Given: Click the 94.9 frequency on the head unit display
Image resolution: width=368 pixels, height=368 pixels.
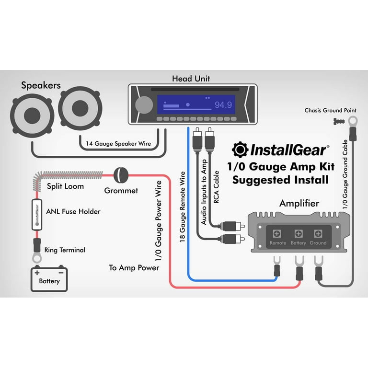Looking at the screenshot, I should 223,105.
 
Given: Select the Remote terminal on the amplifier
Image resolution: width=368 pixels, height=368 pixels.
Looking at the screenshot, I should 277,234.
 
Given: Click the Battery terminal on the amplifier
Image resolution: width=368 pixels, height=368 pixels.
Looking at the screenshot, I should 298,234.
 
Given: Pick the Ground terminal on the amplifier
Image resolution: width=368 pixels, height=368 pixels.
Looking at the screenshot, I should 318,234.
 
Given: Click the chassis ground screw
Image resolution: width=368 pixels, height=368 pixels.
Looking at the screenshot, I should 337,122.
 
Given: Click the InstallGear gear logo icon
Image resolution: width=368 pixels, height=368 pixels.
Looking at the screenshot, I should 240,150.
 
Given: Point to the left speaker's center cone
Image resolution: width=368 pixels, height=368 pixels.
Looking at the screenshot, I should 32,115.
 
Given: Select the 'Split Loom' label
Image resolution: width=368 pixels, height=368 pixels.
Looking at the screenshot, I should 65,186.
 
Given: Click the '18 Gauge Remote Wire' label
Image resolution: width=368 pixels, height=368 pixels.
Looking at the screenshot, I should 182,206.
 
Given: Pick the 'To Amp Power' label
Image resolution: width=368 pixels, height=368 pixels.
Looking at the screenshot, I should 134,267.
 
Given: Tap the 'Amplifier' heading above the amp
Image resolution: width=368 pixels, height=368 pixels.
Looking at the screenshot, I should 299,203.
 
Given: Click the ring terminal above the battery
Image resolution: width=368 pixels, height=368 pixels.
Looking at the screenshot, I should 36,257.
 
